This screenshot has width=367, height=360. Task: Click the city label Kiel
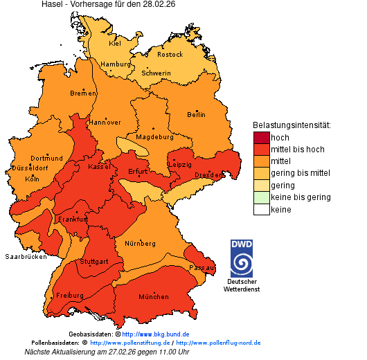click(x=115, y=44)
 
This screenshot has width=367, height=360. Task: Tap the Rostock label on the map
click(x=170, y=55)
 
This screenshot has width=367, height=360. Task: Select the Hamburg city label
click(x=116, y=64)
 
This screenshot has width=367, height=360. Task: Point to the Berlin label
click(x=196, y=115)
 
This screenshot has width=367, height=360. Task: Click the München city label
click(x=154, y=297)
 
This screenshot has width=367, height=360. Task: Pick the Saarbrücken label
click(x=26, y=257)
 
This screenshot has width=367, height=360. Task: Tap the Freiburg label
click(x=69, y=296)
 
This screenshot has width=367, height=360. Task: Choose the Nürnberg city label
click(x=140, y=244)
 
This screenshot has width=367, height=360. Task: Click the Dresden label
click(x=208, y=176)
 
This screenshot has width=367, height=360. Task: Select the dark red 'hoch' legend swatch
click(x=261, y=138)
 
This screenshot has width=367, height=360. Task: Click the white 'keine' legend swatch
click(x=261, y=210)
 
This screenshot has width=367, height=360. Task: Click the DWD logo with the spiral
click(x=242, y=258)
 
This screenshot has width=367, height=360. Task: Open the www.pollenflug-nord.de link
click(x=218, y=343)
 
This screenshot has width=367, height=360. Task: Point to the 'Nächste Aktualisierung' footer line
click(x=107, y=352)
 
